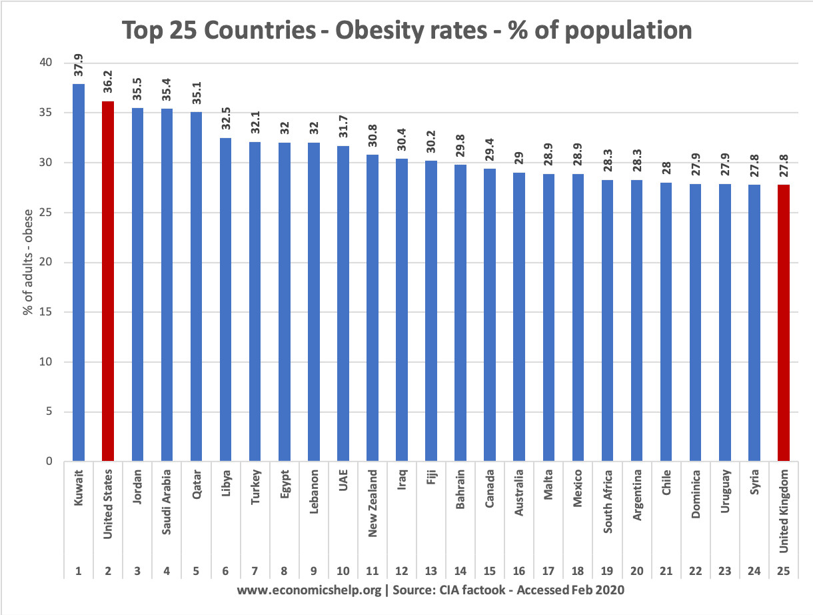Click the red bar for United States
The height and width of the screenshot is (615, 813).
pyautogui.click(x=108, y=281)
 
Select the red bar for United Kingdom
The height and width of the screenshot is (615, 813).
pyautogui.click(x=784, y=323)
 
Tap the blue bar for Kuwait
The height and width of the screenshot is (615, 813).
pyautogui.click(x=79, y=272)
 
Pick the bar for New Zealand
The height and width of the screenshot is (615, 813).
pyautogui.click(x=373, y=308)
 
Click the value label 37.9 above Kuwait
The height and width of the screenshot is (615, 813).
pyautogui.click(x=79, y=65)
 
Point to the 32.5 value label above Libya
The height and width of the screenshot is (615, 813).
pyautogui.click(x=225, y=119)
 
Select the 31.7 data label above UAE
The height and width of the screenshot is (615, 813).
pyautogui.click(x=343, y=127)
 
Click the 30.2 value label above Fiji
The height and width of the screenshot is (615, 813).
pyautogui.click(x=430, y=141)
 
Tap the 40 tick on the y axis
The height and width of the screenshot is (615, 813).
pyautogui.click(x=46, y=62)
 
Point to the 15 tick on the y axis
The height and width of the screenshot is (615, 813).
pyautogui.click(x=46, y=312)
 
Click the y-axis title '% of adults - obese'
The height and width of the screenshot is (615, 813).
pyautogui.click(x=28, y=262)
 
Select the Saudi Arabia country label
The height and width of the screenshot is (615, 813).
pyautogui.click(x=167, y=502)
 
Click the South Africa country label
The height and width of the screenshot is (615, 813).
pyautogui.click(x=607, y=502)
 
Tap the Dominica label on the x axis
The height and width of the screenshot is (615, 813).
pyautogui.click(x=695, y=494)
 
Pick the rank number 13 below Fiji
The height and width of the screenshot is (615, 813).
pyautogui.click(x=430, y=571)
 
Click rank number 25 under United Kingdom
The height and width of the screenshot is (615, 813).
pyautogui.click(x=784, y=571)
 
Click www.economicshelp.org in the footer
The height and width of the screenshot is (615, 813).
pyautogui.click(x=309, y=590)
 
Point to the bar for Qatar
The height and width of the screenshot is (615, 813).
pyautogui.click(x=196, y=287)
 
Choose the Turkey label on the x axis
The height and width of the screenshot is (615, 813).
pyautogui.click(x=255, y=487)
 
